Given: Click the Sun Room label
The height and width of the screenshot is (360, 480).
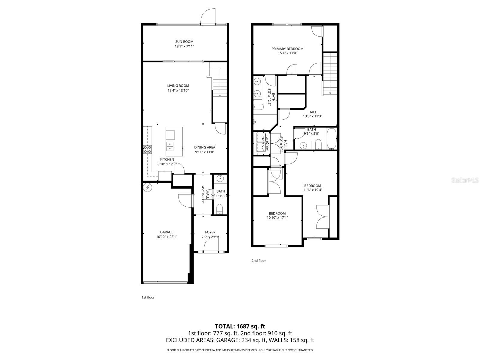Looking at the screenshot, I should tap(184, 42).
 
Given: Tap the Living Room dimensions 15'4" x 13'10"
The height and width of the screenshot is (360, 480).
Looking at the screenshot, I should tap(178, 90).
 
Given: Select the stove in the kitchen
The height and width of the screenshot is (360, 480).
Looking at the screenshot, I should tap(147, 149).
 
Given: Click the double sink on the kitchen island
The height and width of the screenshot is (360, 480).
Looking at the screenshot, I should tap(170, 146).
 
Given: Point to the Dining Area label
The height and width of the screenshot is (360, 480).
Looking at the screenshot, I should tap(205, 147).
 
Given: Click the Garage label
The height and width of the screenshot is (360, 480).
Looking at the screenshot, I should tap(166, 232).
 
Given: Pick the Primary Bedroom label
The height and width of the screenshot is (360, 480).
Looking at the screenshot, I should tap(287, 49).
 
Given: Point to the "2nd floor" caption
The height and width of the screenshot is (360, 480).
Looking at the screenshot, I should tap(259, 261).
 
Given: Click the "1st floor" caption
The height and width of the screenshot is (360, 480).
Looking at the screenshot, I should tap(148, 297).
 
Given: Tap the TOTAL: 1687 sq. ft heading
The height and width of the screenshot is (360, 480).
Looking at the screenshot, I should tap(240, 326).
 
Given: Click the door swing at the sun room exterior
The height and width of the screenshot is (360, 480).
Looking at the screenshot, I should tap(208, 16).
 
